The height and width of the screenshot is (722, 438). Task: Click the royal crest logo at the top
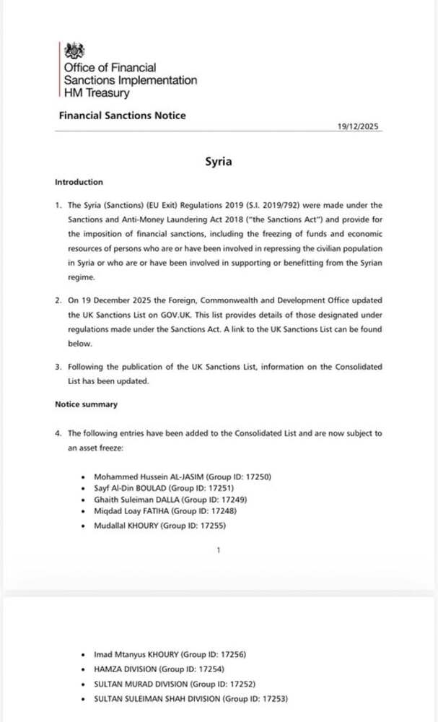74,51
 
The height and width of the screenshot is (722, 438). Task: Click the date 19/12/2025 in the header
358,126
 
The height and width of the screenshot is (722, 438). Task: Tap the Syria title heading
218,161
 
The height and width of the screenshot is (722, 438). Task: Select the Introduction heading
79,182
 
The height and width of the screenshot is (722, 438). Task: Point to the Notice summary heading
86,404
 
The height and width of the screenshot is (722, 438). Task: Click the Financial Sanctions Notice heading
122,116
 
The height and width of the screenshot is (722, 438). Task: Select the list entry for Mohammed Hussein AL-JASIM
183,477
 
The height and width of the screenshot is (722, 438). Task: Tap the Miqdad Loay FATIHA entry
165,511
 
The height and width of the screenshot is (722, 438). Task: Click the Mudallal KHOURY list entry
159,526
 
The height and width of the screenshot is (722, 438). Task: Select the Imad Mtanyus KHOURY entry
170,654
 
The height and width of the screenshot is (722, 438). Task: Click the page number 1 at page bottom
218,551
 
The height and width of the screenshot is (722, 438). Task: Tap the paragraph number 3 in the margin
58,367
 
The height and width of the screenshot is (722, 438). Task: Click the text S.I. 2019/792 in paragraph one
267,206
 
